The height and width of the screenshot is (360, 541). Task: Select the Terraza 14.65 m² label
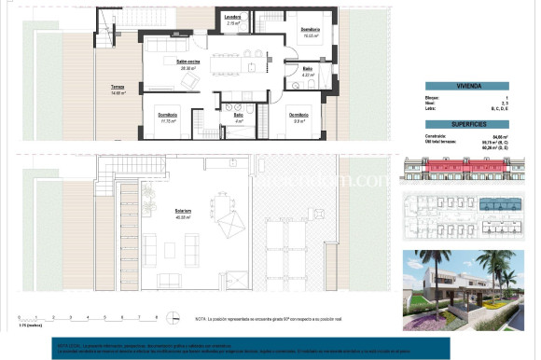pyautogui.click(x=118, y=90)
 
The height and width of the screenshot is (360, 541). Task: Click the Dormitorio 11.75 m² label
pyautogui.click(x=168, y=117)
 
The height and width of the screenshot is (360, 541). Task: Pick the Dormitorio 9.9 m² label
pyautogui.click(x=299, y=118)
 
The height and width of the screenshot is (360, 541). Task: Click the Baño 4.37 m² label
pyautogui.click(x=307, y=71)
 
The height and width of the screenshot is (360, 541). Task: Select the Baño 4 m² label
pyautogui.click(x=239, y=118)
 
